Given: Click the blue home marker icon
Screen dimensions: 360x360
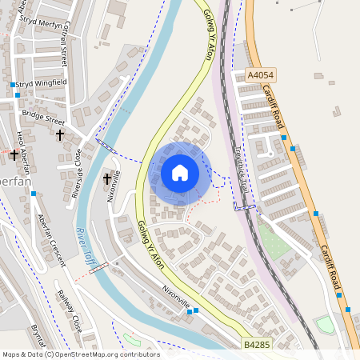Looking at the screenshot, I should (x=180, y=173).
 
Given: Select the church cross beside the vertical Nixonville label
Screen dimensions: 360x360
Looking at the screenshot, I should (x=106, y=179).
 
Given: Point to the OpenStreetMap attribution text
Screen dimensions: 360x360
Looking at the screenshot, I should (x=81, y=354).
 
